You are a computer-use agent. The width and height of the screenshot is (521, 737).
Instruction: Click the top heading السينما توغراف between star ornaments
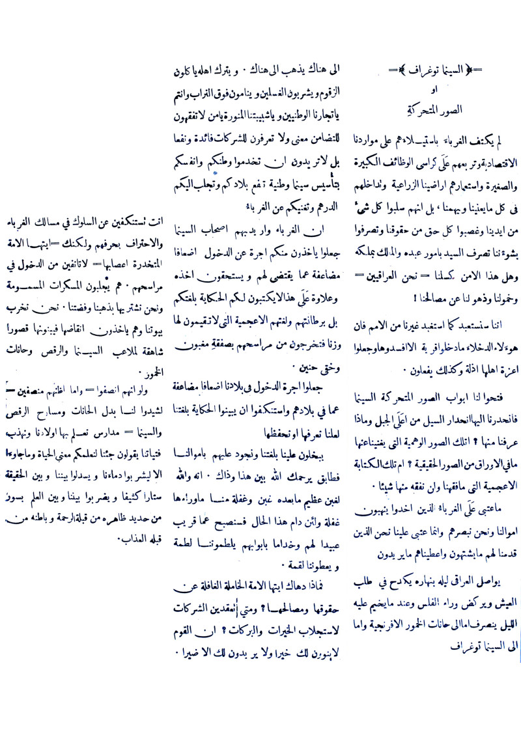(x=433, y=70)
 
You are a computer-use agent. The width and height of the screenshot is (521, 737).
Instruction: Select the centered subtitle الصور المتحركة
(x=433, y=107)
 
